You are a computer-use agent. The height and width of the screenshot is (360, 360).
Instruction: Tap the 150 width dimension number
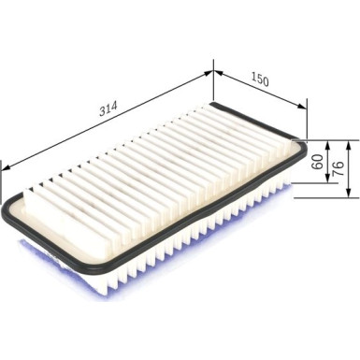pyautogui.click(x=260, y=81)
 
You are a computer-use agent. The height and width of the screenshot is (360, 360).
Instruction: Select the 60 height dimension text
pyautogui.click(x=317, y=163)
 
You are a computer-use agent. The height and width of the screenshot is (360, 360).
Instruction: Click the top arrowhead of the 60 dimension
pyautogui.click(x=327, y=143)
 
